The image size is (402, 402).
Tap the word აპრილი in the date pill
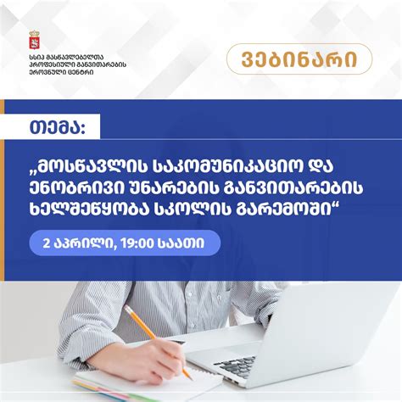(85, 243)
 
